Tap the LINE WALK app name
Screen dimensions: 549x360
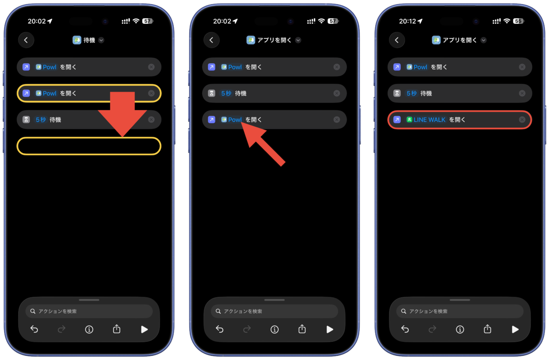coord(429,119)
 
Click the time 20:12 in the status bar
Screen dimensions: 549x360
coord(407,21)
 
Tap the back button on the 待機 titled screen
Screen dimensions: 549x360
coord(26,40)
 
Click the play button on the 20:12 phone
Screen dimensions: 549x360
coord(515,329)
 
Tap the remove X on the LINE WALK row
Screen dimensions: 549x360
coord(522,119)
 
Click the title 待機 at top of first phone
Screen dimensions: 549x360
coord(89,40)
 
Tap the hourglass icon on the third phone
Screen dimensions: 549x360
coord(397,93)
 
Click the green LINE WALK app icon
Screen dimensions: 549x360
coord(409,119)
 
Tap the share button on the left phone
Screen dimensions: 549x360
coord(117,329)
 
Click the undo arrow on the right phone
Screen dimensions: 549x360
coord(405,329)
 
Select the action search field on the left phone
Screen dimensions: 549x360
coord(89,311)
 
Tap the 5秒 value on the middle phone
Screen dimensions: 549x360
coord(226,93)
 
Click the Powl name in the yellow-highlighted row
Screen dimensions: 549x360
coord(49,93)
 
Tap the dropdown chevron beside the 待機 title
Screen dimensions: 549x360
coord(101,40)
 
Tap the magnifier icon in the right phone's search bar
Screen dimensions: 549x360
coord(404,311)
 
